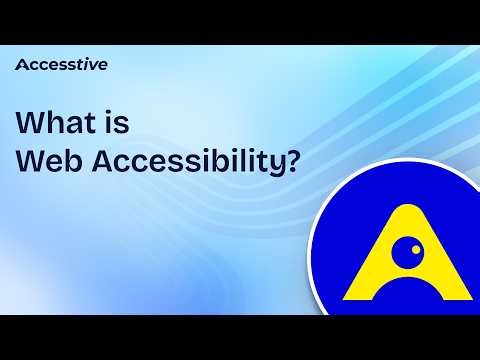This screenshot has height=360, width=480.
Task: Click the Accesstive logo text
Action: coord(61,65)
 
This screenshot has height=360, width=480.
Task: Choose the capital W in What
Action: coord(31,122)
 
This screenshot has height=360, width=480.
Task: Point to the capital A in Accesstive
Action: coord(21,65)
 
